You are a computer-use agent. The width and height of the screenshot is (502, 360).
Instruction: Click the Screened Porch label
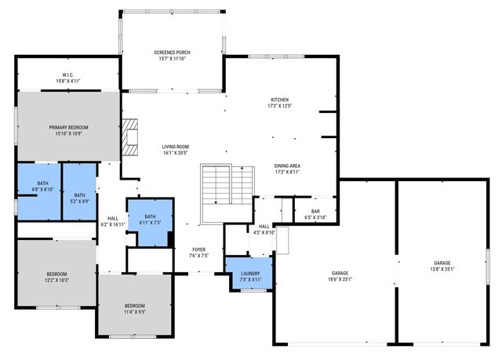point(172,53)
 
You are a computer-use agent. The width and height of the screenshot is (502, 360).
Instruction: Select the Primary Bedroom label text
point(68,127)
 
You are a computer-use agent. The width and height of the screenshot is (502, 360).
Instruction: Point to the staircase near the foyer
point(217,192)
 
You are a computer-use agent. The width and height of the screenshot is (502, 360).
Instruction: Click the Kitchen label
point(280,100)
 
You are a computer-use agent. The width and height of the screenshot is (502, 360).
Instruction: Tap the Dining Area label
point(287,165)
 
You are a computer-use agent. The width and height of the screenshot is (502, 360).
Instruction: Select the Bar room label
point(316,211)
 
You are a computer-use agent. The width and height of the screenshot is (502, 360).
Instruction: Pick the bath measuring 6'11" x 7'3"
point(150,219)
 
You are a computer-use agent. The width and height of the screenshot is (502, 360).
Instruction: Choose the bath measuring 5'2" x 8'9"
point(79,198)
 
